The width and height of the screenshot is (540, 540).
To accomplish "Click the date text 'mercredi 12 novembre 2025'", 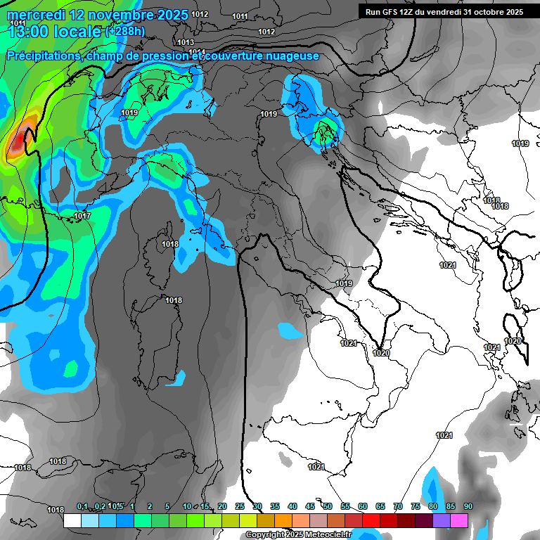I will click(98, 14).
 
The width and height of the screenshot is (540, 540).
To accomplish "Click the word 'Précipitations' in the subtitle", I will click(43, 56).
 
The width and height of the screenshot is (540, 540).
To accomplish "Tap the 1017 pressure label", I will click(82, 216).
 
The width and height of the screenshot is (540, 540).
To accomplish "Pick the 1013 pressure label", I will click(186, 42).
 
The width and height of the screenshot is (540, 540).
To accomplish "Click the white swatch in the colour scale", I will click(72, 520).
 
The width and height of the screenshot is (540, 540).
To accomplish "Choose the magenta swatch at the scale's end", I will click(459, 520).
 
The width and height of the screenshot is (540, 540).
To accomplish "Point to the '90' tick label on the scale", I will click(468, 506).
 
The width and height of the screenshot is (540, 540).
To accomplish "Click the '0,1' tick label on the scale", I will click(82, 506).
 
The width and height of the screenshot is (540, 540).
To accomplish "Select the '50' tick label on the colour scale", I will click(328, 506).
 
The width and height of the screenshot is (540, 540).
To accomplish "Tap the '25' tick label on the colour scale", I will click(240, 506).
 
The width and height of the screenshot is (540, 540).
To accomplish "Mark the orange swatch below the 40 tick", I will click(283, 520).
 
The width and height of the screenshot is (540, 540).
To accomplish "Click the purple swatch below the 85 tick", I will click(442, 520).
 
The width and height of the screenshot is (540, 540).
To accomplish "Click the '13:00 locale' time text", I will click(53, 31).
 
